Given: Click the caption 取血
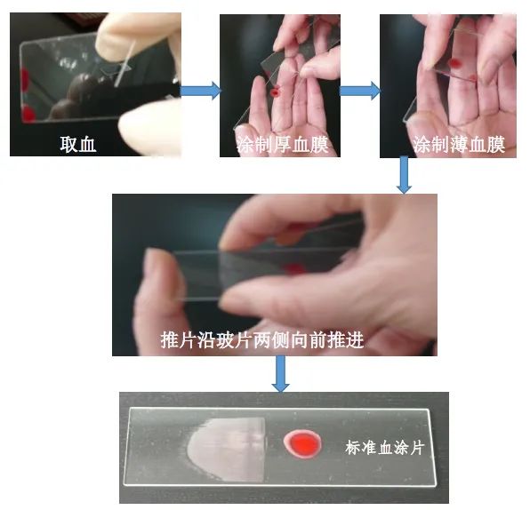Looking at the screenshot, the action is click(x=78, y=144).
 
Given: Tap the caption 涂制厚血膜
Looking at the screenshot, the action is click(x=282, y=145).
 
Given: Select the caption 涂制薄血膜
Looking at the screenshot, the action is click(x=459, y=145).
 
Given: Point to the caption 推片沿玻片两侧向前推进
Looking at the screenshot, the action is click(x=262, y=339).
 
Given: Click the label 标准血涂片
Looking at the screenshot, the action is click(x=385, y=448).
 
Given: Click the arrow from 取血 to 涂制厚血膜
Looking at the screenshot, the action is click(x=200, y=91).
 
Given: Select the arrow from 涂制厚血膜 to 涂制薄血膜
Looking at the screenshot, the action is click(x=360, y=91).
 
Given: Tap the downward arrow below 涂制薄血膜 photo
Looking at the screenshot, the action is click(x=404, y=175).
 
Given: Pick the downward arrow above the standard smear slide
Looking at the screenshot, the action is click(x=280, y=374).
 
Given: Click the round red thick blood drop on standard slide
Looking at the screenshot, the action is click(x=301, y=443).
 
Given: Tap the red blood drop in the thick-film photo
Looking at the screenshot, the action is click(x=277, y=92).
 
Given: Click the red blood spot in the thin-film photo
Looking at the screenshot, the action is click(x=456, y=63).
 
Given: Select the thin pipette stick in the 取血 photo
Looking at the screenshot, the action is click(x=125, y=64).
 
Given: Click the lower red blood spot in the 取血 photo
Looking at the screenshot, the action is click(x=28, y=114).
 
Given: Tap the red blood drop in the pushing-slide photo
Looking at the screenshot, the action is click(x=294, y=268).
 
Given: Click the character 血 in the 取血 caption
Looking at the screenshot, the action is click(x=87, y=145).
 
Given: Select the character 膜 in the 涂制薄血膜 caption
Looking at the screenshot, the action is click(x=496, y=145).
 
